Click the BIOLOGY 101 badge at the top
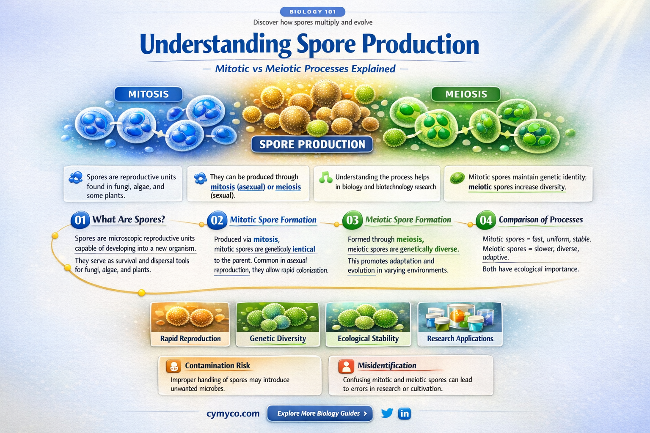coord(312,12)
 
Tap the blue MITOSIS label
coord(148,94)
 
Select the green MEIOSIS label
coord(466,94)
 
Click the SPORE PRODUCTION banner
coord(312,144)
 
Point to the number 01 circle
coord(80,220)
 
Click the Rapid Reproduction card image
coord(190,317)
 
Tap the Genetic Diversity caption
coord(278,339)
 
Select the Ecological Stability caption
coord(368,339)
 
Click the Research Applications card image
coord(460,317)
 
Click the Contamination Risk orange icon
coord(174,366)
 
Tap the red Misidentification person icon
coord(346,366)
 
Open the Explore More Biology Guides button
coord(320,414)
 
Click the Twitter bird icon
coord(387,413)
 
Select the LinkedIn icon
coord(405,413)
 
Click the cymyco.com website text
coord(233,414)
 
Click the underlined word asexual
coord(251,187)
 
